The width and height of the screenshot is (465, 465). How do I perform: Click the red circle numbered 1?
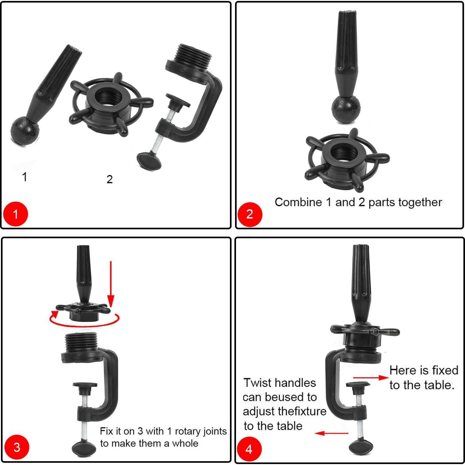16,214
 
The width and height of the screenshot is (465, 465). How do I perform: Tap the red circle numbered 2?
250,214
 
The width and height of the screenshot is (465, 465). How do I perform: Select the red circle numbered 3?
17,447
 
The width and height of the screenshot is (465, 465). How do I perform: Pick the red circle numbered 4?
249,449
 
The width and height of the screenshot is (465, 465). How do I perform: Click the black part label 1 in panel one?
25,177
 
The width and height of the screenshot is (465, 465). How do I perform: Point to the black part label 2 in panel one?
110,179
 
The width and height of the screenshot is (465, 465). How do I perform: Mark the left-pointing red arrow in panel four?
331,433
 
